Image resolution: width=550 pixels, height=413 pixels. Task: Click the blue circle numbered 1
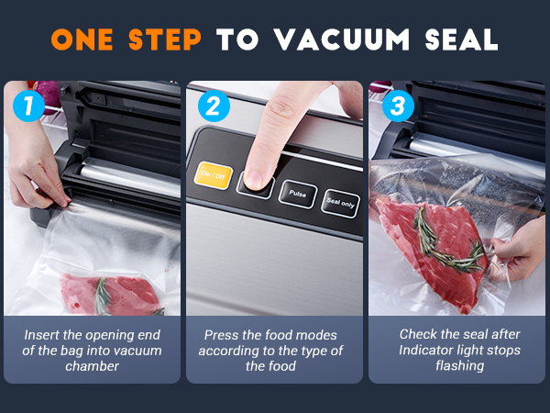28,106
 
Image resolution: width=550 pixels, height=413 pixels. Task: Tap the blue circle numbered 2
214,106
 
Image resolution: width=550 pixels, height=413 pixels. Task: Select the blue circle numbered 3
398,106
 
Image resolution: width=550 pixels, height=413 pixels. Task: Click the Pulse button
298,195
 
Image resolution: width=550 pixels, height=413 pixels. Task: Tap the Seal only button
340,203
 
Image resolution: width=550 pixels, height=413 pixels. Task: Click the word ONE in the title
82,39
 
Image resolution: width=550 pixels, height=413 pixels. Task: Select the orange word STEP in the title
165,39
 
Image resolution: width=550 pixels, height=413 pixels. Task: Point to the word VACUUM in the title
342,39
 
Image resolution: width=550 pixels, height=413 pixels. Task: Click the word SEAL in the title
461,39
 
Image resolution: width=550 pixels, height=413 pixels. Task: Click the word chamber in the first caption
93,366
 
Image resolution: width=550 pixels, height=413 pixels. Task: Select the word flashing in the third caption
460,365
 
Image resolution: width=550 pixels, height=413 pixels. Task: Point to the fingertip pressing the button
256,178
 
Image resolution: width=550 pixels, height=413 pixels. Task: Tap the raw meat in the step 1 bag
108,295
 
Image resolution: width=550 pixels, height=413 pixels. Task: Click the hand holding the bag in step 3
516,251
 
